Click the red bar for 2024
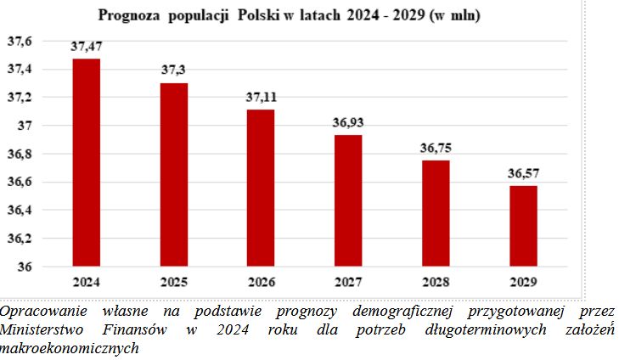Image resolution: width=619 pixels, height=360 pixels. click(87, 162)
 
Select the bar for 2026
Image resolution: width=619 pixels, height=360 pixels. click(262, 188)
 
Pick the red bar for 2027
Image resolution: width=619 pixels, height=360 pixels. click(347, 200)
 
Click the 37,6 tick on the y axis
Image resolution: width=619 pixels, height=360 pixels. click(19, 41)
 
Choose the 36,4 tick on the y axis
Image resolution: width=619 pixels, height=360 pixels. click(19, 210)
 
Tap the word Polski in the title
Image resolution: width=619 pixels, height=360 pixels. click(266, 15)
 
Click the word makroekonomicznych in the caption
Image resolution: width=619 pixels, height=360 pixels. click(69, 347)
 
